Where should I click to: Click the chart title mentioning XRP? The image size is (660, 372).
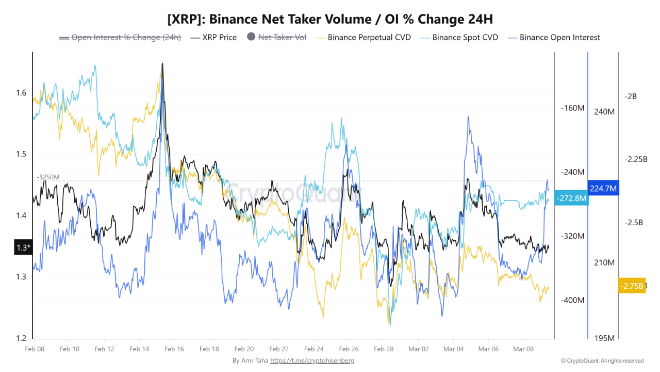pos(330,19)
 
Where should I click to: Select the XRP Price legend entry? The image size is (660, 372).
pos(213,37)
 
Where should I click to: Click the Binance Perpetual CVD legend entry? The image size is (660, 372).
pos(364,37)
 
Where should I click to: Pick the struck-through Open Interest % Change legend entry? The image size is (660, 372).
pos(121,37)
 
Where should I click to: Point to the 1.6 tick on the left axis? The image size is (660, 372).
pos(21,93)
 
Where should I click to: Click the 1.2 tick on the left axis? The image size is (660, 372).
pos(21,338)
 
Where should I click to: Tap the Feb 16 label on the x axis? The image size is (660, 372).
pos(174,349)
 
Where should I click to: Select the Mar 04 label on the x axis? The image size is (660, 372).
pos(453,349)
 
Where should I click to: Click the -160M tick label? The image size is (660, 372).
pos(572,109)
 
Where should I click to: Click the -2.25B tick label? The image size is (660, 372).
pos(635,159)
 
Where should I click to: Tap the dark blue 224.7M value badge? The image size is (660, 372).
pos(603,189)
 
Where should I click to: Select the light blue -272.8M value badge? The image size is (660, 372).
pos(571,198)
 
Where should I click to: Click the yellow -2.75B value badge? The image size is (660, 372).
pos(632,286)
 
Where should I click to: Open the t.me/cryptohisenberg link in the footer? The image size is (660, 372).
pos(312,361)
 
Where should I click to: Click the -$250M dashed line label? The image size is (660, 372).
pos(48,177)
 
